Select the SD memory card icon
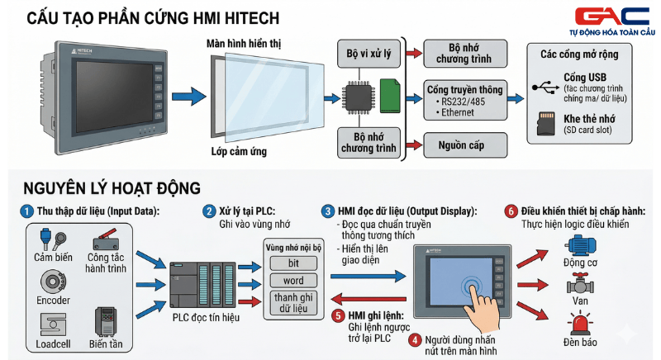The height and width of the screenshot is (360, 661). coord(544,124)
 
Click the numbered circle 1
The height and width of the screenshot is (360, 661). coord(27,211)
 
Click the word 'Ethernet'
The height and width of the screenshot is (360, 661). coord(458,112)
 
